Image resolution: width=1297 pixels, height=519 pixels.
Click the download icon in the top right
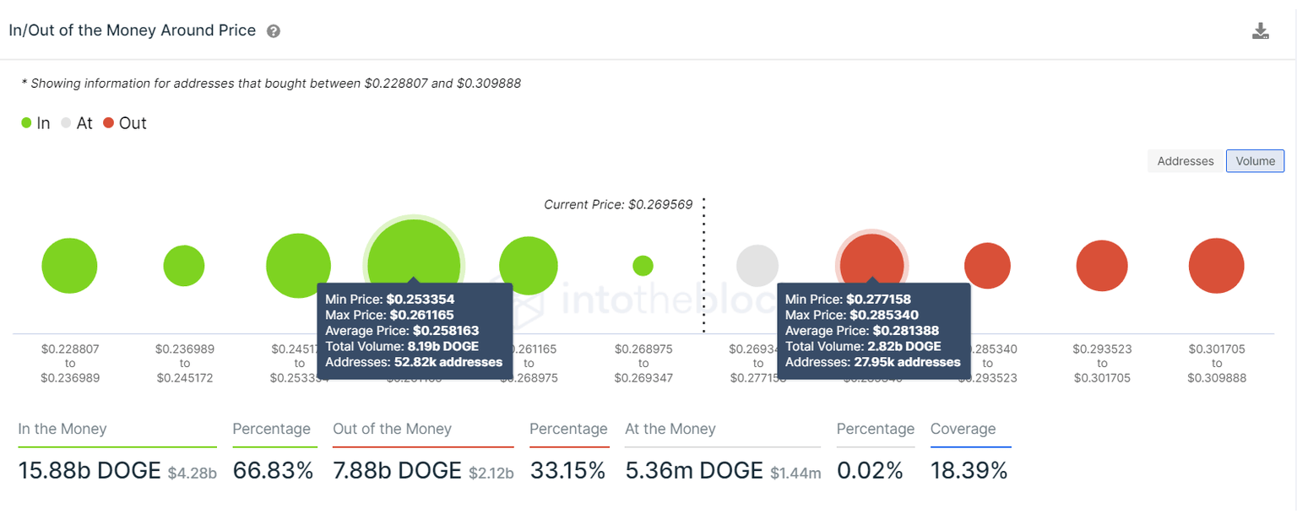pyautogui.click(x=1260, y=31)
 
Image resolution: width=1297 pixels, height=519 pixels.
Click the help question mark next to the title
pyautogui.click(x=273, y=31)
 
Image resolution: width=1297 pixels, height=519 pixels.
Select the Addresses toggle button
pyautogui.click(x=1185, y=161)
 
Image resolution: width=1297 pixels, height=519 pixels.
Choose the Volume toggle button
pyautogui.click(x=1255, y=161)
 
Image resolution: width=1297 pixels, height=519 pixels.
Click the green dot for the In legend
pyautogui.click(x=27, y=123)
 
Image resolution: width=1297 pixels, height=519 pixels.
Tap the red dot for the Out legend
pyautogui.click(x=109, y=123)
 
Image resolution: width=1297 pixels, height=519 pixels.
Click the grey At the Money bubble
pyautogui.click(x=757, y=266)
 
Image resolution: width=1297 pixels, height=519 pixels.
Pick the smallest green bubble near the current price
pyautogui.click(x=643, y=266)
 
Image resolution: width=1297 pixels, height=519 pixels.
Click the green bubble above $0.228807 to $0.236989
pyautogui.click(x=70, y=266)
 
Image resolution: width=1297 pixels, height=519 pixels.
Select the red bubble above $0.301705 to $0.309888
pyautogui.click(x=1216, y=266)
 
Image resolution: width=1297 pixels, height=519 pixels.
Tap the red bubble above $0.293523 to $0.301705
pyautogui.click(x=1102, y=266)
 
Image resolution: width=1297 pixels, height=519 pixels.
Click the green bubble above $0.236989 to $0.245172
pyautogui.click(x=184, y=266)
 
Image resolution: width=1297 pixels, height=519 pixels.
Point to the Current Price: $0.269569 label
pyautogui.click(x=617, y=205)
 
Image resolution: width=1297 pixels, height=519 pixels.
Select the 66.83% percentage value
pyautogui.click(x=273, y=470)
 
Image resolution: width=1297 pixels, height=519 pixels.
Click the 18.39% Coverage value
pyautogui.click(x=969, y=470)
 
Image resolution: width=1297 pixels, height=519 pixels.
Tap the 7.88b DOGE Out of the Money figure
pyautogui.click(x=397, y=470)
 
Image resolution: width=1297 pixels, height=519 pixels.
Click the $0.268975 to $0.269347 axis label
pyautogui.click(x=643, y=364)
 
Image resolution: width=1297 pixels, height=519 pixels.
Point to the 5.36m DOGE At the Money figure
pyautogui.click(x=694, y=470)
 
